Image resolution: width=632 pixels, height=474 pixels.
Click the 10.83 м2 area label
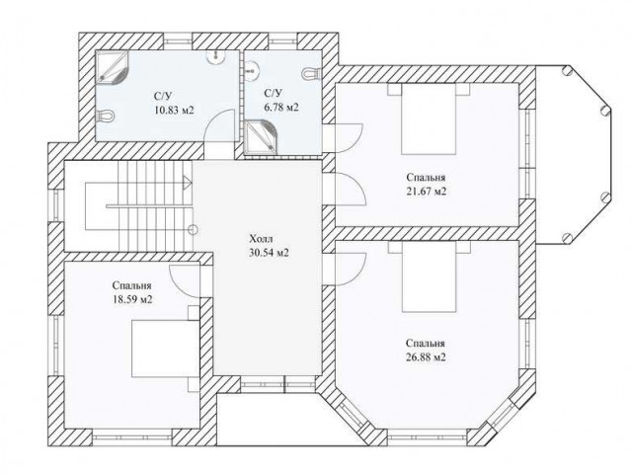click(x=174, y=110)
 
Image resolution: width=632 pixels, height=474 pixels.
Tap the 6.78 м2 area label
click(x=281, y=108)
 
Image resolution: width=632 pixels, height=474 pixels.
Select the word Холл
click(x=261, y=239)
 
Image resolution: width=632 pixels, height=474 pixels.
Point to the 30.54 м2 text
click(x=269, y=253)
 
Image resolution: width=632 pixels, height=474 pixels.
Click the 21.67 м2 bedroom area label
click(x=426, y=191)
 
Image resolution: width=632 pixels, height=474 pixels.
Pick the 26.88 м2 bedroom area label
click(x=426, y=357)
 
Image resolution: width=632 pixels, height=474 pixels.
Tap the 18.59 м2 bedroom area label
click(x=132, y=300)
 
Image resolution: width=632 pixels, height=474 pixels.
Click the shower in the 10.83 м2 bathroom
click(x=112, y=66)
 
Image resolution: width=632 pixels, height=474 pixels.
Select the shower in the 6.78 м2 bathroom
click(x=261, y=137)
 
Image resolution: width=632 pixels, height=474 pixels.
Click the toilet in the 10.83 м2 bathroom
click(x=106, y=117)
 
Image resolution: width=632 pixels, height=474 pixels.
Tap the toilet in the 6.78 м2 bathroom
click(x=311, y=73)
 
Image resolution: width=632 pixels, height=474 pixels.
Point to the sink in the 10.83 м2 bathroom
click(x=216, y=57)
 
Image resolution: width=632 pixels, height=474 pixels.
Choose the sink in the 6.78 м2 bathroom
click(x=251, y=69)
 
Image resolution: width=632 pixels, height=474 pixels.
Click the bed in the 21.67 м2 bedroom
click(x=429, y=118)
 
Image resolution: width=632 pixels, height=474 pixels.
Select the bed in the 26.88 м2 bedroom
click(x=429, y=276)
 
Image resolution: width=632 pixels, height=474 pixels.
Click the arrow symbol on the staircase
click(x=188, y=182)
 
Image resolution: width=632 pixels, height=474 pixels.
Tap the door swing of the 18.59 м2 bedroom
click(x=185, y=280)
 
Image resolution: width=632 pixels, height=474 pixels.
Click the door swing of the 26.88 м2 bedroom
click(x=350, y=270)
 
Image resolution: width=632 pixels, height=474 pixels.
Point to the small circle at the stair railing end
click(x=194, y=230)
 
